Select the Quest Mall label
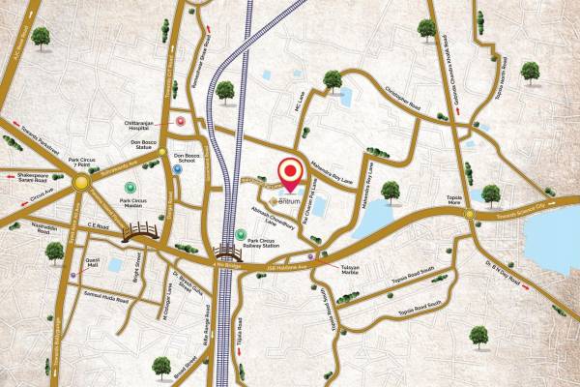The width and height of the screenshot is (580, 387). [94, 261]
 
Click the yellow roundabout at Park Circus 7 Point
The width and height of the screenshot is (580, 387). [81, 180]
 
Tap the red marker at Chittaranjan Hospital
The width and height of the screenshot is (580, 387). [181, 122]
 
